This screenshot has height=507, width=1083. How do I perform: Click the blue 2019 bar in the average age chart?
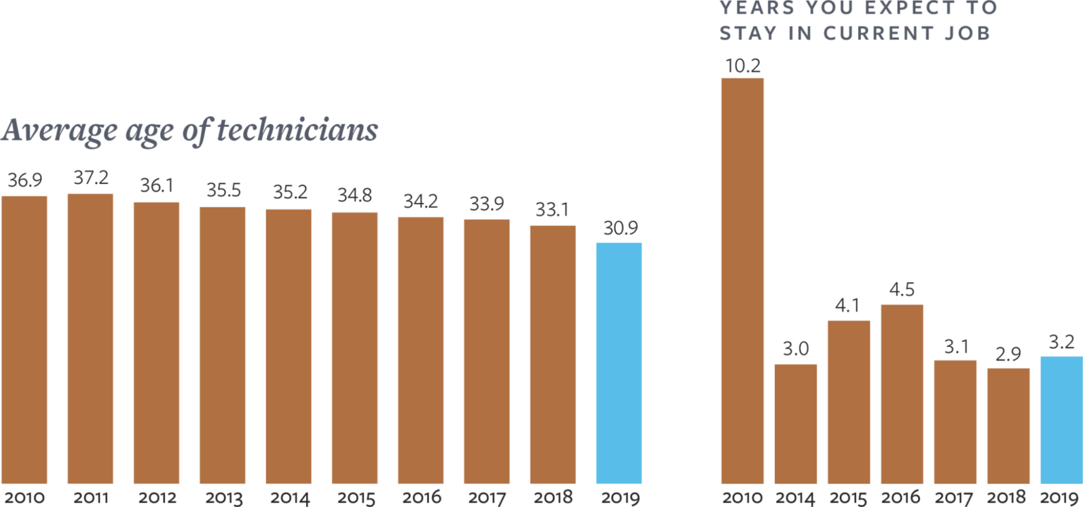click(619, 363)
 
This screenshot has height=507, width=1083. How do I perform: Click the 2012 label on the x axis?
click(157, 497)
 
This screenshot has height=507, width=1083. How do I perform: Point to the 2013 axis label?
click(224, 497)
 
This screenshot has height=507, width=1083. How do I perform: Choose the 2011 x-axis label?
click(91, 497)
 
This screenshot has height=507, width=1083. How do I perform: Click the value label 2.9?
click(1008, 354)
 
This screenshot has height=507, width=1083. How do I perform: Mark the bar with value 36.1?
click(157, 343)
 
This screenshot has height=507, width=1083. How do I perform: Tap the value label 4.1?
click(848, 307)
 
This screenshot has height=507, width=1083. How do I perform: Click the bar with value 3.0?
click(795, 423)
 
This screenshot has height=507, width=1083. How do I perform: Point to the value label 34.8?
click(355, 197)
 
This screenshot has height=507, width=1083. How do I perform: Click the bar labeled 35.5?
click(222, 346)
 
